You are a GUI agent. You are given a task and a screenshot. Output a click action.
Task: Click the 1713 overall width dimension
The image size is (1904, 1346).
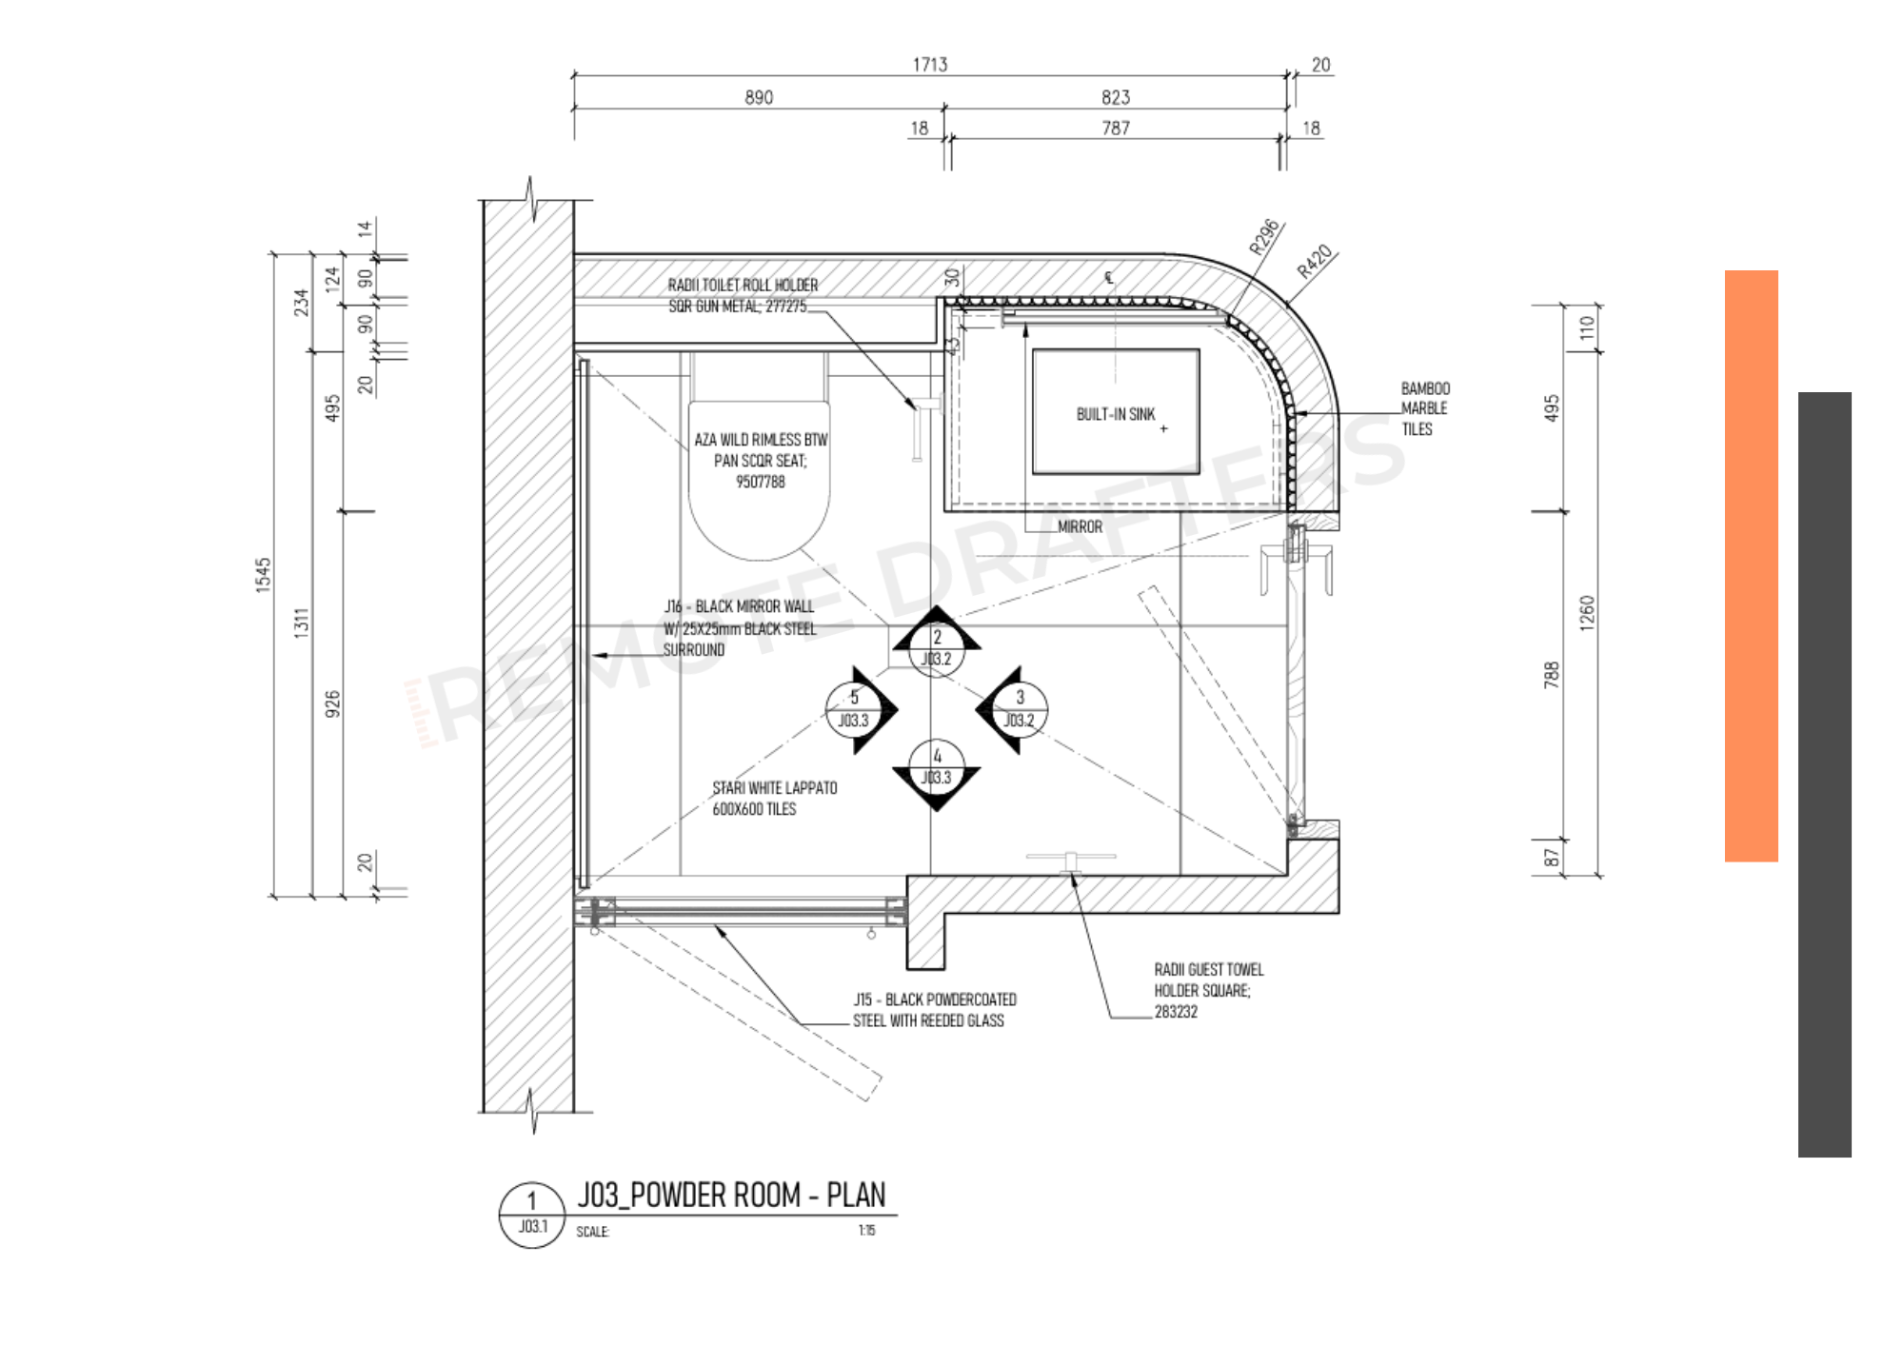pyautogui.click(x=930, y=65)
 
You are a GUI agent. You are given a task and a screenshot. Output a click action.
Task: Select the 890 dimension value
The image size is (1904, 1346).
pyautogui.click(x=759, y=97)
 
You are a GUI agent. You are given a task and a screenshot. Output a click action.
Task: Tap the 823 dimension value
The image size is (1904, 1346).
pyautogui.click(x=1116, y=97)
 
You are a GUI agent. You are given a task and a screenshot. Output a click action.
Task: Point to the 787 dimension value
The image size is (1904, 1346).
pyautogui.click(x=1116, y=128)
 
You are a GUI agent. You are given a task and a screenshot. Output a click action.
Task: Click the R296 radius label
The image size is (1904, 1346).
pyautogui.click(x=1264, y=237)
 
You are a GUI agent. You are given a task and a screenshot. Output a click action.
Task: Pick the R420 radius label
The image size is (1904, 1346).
pyautogui.click(x=1314, y=261)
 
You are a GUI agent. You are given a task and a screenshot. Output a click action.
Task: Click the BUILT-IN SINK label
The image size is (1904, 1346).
pyautogui.click(x=1115, y=414)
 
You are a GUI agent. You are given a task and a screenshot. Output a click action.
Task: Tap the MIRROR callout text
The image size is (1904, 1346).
pyautogui.click(x=1080, y=526)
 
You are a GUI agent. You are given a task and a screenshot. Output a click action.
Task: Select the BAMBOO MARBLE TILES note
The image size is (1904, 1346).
pyautogui.click(x=1424, y=408)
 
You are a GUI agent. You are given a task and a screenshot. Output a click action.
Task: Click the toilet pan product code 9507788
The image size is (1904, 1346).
pyautogui.click(x=760, y=482)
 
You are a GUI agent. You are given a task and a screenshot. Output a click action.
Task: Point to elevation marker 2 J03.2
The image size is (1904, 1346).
pyautogui.click(x=937, y=648)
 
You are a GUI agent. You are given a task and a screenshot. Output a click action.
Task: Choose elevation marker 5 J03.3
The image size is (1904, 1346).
pyautogui.click(x=854, y=709)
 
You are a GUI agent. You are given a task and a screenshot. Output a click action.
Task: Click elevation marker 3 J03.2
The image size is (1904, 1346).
pyautogui.click(x=1019, y=709)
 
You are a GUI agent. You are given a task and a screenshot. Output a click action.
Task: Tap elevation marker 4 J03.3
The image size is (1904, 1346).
pyautogui.click(x=937, y=767)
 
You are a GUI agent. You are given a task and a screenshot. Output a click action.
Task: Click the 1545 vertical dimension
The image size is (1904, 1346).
pyautogui.click(x=264, y=575)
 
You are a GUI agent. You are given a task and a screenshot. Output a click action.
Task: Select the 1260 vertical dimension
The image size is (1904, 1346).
pyautogui.click(x=1586, y=613)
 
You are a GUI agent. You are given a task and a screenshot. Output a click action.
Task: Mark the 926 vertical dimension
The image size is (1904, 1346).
pyautogui.click(x=331, y=704)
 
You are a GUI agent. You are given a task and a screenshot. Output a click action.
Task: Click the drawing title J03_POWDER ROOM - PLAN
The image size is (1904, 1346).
pyautogui.click(x=731, y=1195)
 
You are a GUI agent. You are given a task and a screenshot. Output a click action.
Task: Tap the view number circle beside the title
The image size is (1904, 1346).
pyautogui.click(x=532, y=1214)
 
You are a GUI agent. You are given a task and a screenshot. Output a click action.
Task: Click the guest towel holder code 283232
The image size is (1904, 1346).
pyautogui.click(x=1176, y=1012)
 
